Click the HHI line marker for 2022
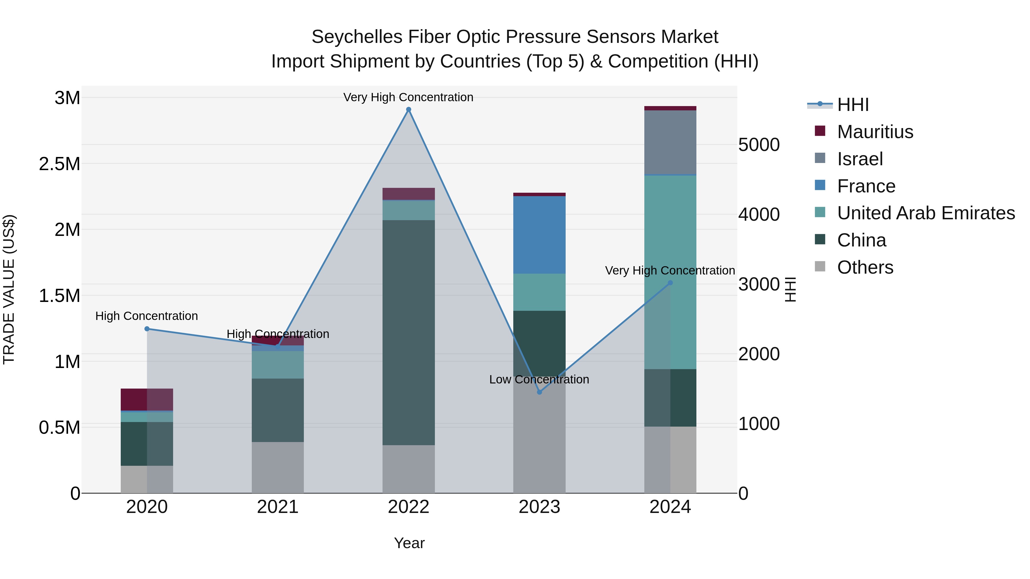pyautogui.click(x=408, y=110)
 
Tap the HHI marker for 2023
pyautogui.click(x=539, y=392)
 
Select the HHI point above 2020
pyautogui.click(x=147, y=329)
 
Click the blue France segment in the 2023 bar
pyautogui.click(x=539, y=235)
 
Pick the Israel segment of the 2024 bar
pyautogui.click(x=670, y=143)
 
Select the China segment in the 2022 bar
pyautogui.click(x=408, y=332)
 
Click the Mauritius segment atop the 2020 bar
pyautogui.click(x=147, y=399)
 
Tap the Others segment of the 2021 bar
pyautogui.click(x=278, y=467)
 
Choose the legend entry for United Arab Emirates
pyautogui.click(x=925, y=213)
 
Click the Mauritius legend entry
pyautogui.click(x=875, y=132)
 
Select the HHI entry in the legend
pyautogui.click(x=853, y=105)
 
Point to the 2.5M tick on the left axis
pyautogui.click(x=60, y=164)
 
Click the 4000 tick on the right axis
pyautogui.click(x=758, y=214)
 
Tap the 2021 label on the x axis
pyautogui.click(x=278, y=507)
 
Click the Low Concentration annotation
pyautogui.click(x=539, y=379)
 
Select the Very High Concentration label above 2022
pyautogui.click(x=408, y=97)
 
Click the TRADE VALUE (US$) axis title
pyautogui.click(x=9, y=289)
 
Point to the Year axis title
pyautogui.click(x=409, y=543)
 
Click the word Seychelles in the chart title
pyautogui.click(x=357, y=37)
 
